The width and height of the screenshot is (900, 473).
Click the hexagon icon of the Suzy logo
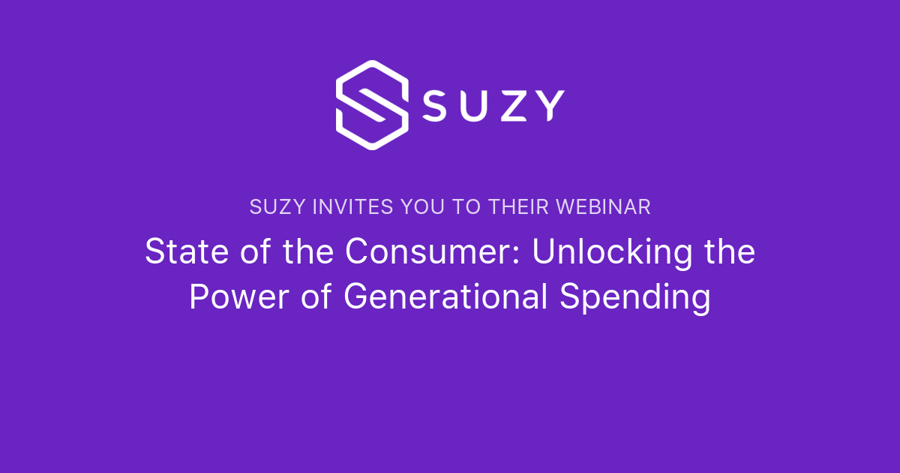[x=372, y=104]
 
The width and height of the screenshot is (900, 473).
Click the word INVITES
[x=341, y=207]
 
